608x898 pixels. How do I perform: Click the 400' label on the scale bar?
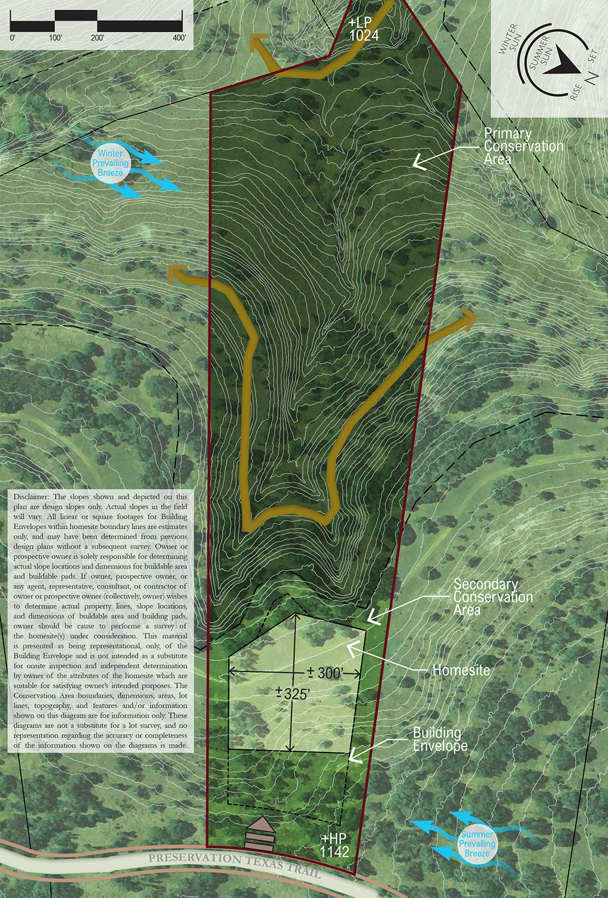click(x=179, y=38)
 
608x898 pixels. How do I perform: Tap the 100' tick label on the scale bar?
click(x=56, y=38)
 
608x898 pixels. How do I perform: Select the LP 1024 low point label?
click(x=363, y=30)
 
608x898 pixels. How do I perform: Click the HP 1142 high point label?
click(x=334, y=845)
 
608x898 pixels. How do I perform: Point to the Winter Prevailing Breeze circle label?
click(x=110, y=163)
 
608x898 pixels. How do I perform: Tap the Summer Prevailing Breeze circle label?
click(x=477, y=844)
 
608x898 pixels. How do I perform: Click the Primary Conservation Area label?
click(x=523, y=146)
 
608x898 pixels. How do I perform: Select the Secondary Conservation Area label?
click(x=493, y=597)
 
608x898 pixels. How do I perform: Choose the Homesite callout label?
click(x=461, y=671)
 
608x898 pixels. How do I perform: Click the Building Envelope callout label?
click(x=440, y=739)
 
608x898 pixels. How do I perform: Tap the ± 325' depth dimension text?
click(x=292, y=694)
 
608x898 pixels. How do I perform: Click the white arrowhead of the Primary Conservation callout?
click(x=419, y=160)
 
